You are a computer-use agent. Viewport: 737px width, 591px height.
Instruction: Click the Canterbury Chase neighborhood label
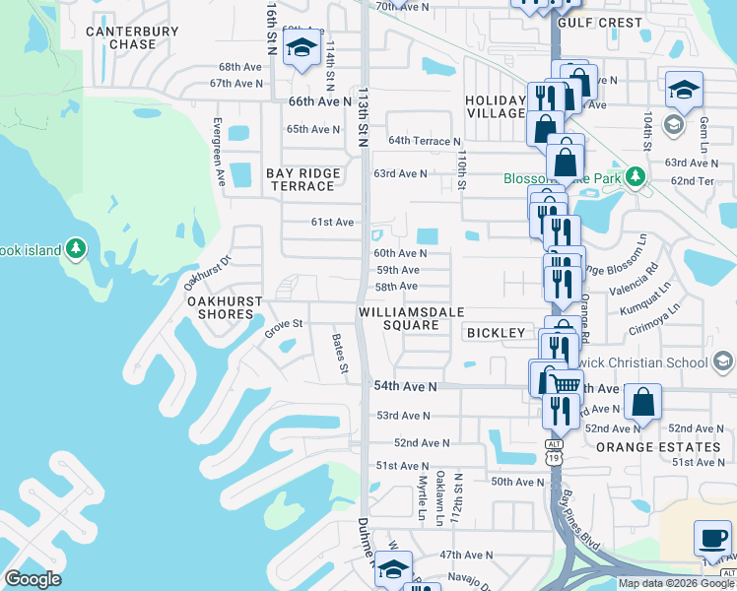coord(132,37)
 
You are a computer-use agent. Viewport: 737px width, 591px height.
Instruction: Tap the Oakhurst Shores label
coord(226,307)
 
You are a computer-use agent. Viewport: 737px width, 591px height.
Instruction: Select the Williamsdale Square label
coord(405,317)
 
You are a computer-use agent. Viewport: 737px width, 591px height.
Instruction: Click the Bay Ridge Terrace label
coord(303,179)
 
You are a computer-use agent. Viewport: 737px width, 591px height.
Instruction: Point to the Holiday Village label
coord(496,107)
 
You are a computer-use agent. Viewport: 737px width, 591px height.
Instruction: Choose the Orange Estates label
coord(658,446)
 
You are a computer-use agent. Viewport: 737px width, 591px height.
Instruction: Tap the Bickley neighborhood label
coord(497,333)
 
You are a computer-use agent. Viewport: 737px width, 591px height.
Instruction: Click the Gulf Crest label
coord(599,22)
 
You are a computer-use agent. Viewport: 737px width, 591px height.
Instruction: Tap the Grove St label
coord(282,327)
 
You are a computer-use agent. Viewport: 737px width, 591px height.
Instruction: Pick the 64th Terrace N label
coord(425,142)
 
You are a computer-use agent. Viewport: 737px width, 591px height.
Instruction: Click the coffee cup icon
coord(712,539)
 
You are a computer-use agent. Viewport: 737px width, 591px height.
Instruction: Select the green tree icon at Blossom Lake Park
coord(636,175)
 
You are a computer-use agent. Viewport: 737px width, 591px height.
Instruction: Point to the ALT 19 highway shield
coord(553,451)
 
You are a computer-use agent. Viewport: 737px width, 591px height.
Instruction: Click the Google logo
coord(33,579)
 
